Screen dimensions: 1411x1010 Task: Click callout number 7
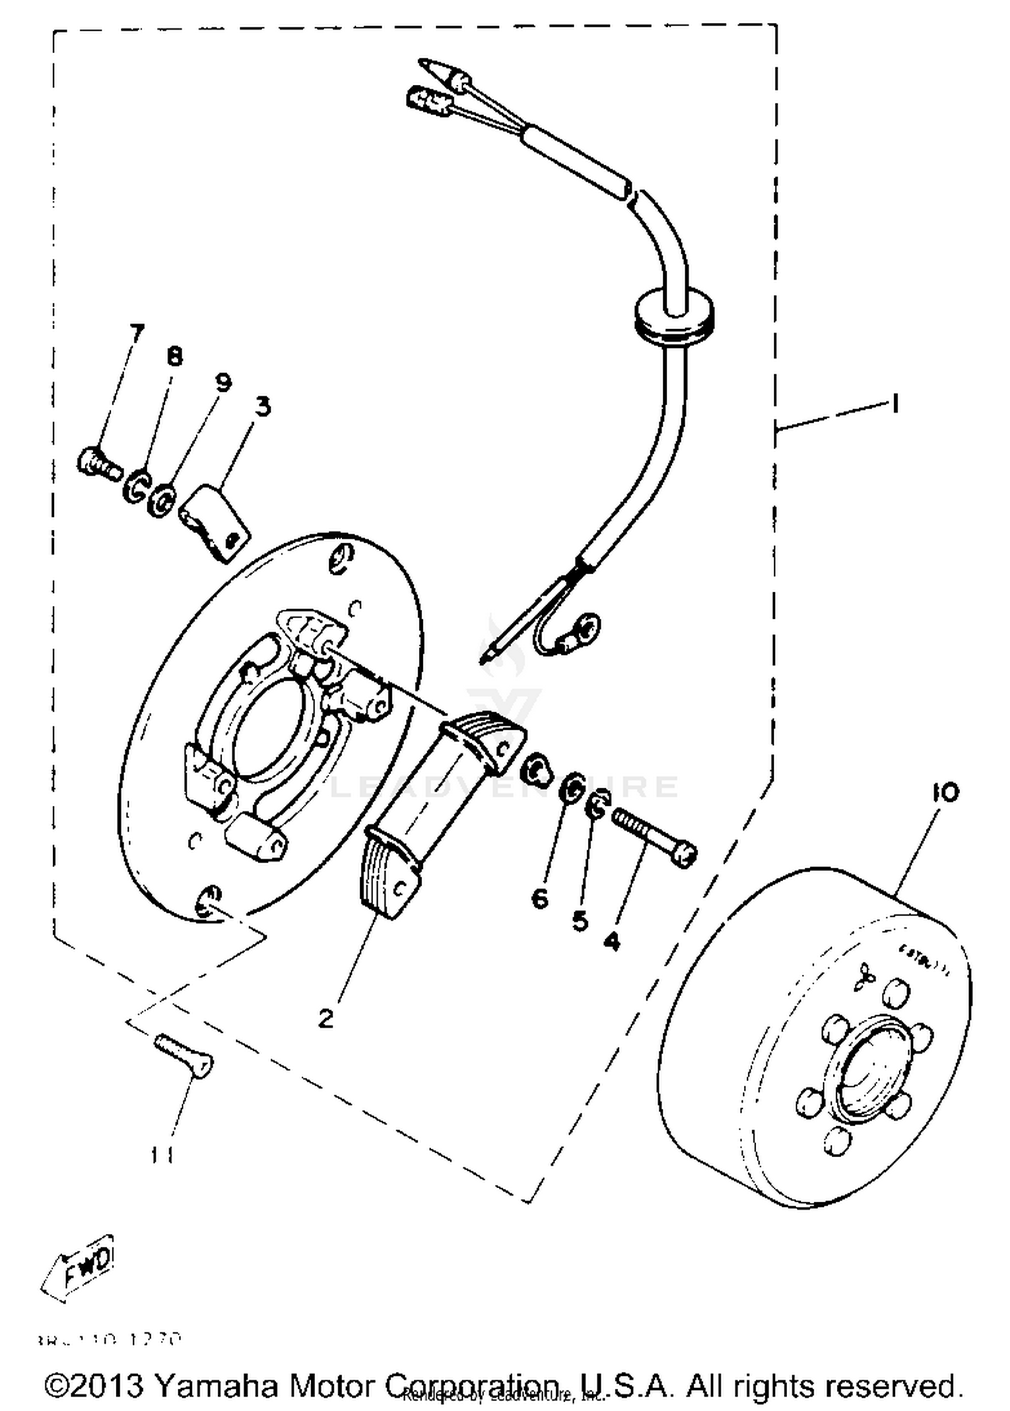click(x=136, y=333)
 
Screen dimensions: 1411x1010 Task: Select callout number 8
click(x=174, y=356)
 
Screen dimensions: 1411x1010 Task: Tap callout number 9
click(x=223, y=382)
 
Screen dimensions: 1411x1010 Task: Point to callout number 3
click(x=263, y=407)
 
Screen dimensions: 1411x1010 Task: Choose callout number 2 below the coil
click(x=326, y=1019)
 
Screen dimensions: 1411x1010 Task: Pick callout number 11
click(x=162, y=1155)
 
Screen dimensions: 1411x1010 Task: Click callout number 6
click(x=539, y=898)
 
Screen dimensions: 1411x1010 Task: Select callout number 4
click(x=611, y=941)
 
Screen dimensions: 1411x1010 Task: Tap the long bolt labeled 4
click(x=654, y=837)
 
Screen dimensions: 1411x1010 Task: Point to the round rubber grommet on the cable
click(x=674, y=316)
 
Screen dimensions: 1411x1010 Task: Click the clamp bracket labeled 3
click(x=215, y=522)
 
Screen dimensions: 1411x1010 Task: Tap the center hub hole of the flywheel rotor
click(x=868, y=1070)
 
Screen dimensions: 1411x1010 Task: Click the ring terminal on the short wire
click(x=588, y=627)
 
